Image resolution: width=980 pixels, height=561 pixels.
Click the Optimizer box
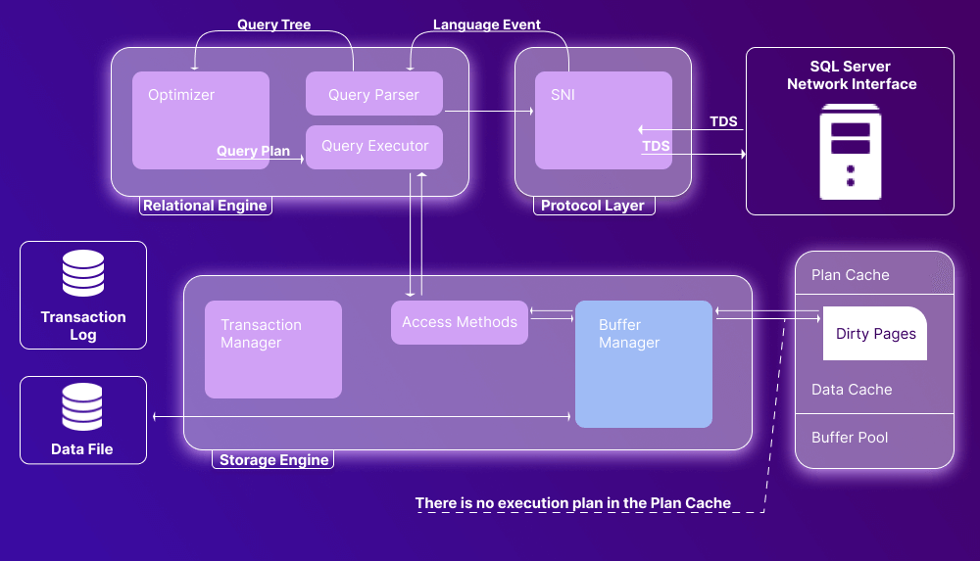(200, 119)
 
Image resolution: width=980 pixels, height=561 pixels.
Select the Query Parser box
(373, 95)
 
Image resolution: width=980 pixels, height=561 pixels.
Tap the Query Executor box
(374, 147)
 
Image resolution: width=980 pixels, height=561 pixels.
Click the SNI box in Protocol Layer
(603, 119)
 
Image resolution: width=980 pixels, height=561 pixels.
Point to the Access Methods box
(459, 322)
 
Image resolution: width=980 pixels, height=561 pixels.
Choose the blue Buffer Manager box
(643, 363)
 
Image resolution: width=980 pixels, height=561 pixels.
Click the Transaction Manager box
(272, 349)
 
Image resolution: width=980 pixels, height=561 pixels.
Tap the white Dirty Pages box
(875, 334)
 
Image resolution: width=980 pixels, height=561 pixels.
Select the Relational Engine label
(205, 206)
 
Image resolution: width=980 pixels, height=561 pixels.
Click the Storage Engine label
(273, 460)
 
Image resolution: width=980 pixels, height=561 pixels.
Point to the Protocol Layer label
(592, 206)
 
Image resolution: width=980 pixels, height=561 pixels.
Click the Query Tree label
(273, 24)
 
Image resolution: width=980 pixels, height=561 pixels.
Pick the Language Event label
(487, 24)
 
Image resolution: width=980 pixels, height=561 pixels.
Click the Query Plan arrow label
(253, 152)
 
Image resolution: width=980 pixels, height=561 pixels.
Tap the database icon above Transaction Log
(83, 274)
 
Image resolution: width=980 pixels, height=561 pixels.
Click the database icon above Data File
(83, 407)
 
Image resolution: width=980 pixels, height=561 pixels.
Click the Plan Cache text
(850, 275)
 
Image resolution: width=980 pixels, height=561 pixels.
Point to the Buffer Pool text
(850, 438)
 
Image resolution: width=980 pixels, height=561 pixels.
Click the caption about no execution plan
(572, 503)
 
